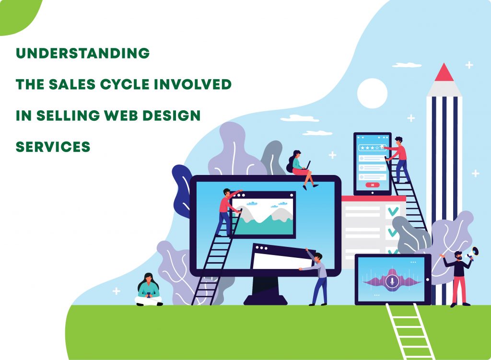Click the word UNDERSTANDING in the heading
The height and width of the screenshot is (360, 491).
(82, 54)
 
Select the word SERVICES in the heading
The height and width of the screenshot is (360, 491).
(53, 147)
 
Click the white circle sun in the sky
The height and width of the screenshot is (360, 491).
(372, 93)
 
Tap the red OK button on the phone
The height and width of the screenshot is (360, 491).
(372, 185)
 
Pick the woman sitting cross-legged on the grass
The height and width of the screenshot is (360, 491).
(148, 290)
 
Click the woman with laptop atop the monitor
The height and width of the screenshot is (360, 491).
(301, 168)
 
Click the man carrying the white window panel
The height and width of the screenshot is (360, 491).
(318, 278)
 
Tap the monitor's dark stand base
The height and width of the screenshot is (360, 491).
(266, 300)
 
